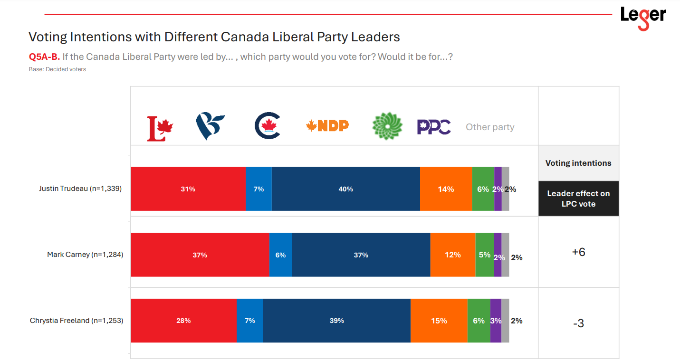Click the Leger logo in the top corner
[643, 17]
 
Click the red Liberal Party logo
[160, 129]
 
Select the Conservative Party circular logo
[268, 126]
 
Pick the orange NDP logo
[327, 125]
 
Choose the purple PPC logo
[434, 127]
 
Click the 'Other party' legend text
[490, 127]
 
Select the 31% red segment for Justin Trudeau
[188, 189]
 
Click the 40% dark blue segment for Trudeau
[345, 189]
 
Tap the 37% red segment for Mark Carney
[200, 255]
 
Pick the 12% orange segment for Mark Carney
[452, 255]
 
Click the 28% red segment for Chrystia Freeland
[183, 321]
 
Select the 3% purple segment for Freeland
[496, 321]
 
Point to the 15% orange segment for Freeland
[439, 321]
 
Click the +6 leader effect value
[578, 252]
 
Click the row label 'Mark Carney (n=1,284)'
[85, 255]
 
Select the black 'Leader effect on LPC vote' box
[578, 199]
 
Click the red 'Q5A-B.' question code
[44, 57]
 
